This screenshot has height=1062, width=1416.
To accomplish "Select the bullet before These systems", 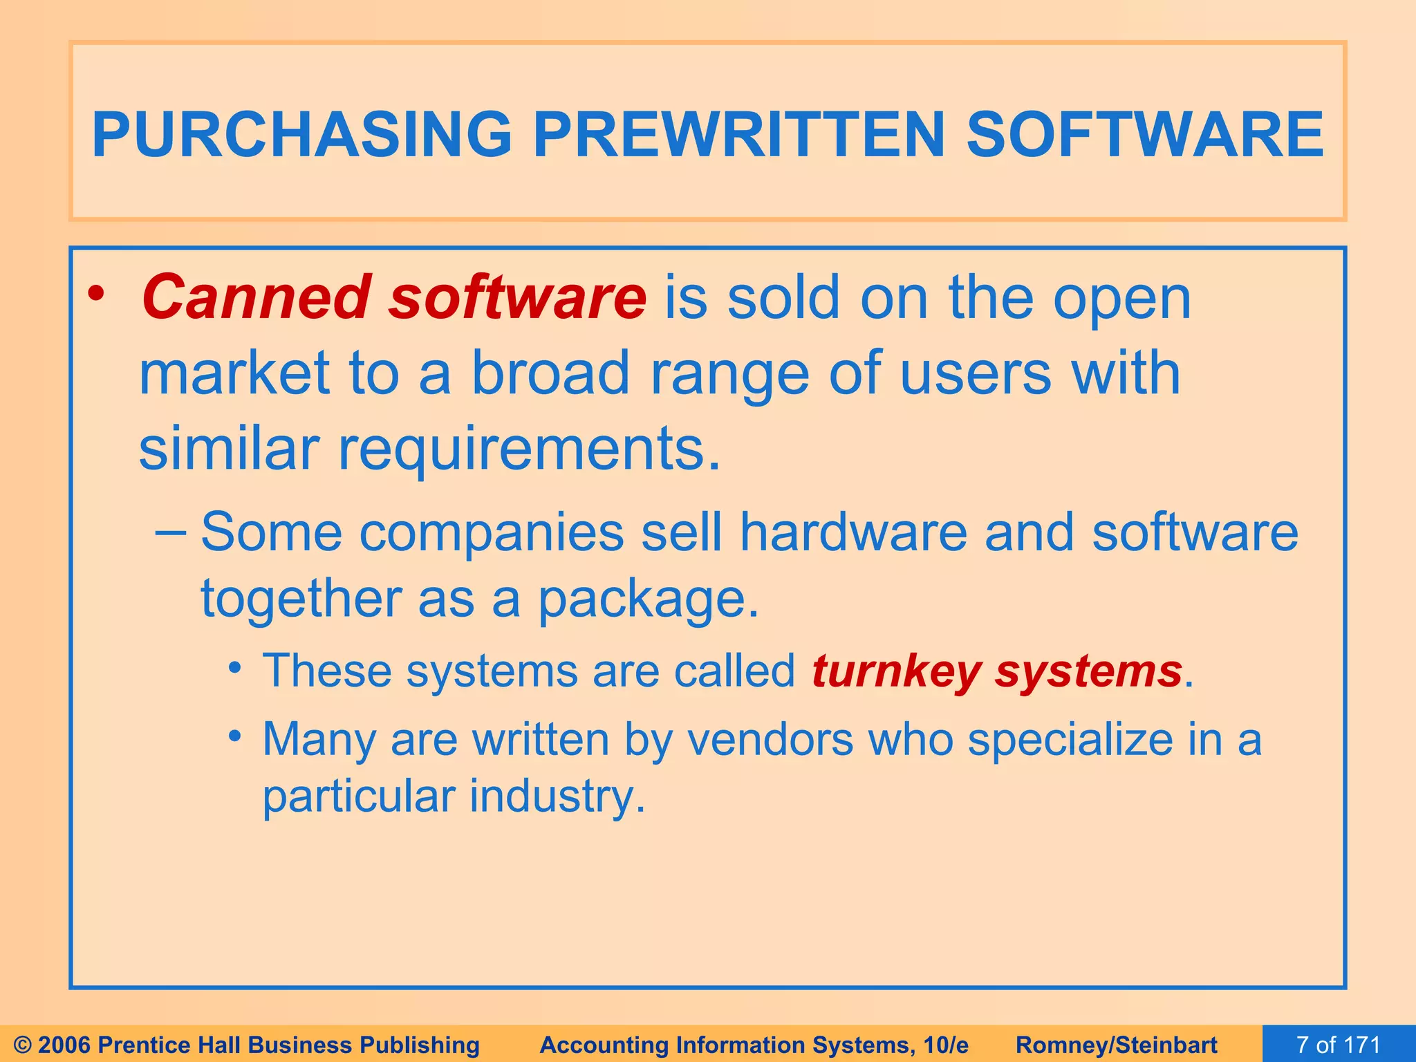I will click(x=236, y=668).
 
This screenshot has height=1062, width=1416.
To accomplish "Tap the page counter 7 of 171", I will click(x=1338, y=1045).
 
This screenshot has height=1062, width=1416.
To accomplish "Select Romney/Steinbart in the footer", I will click(x=1117, y=1045).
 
